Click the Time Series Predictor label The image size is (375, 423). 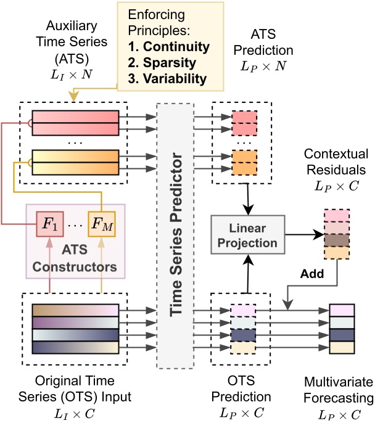click(x=177, y=237)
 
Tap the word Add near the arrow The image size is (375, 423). click(x=304, y=273)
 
